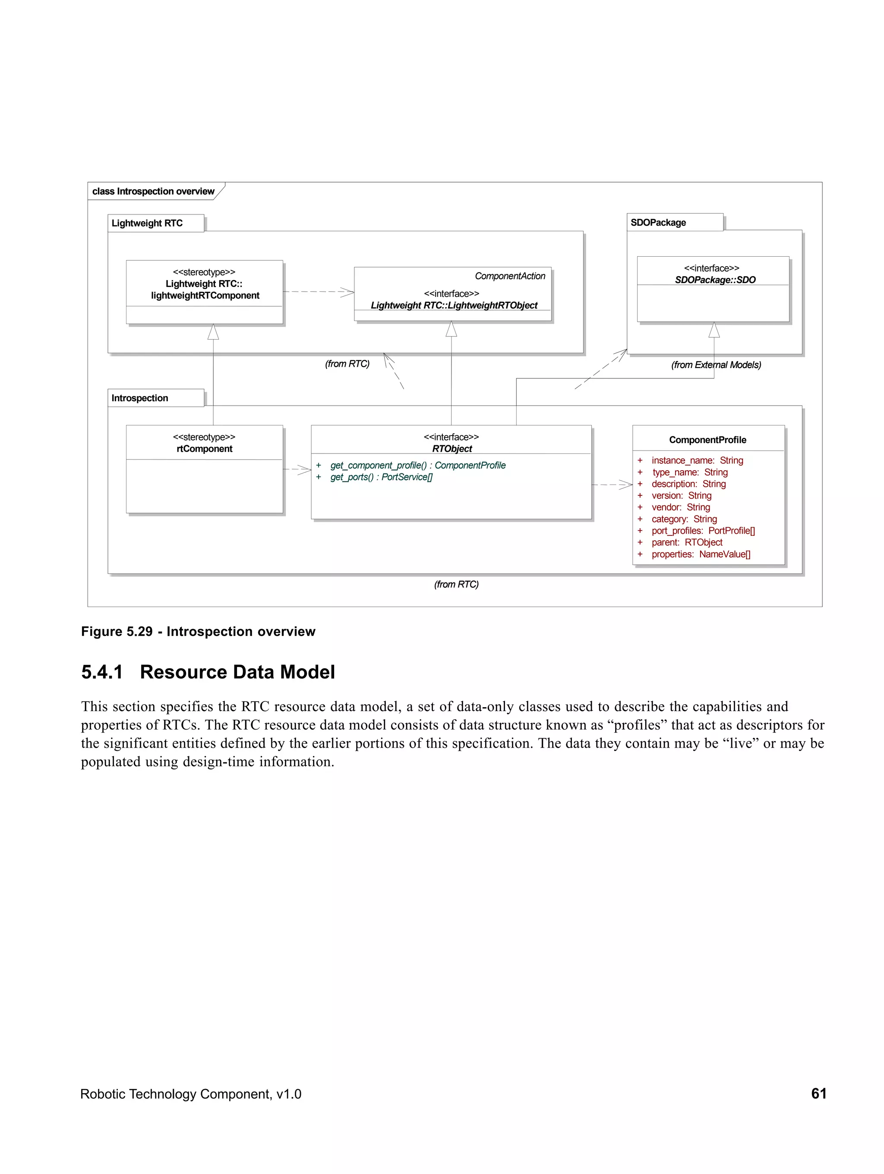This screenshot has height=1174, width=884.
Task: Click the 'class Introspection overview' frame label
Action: tap(153, 191)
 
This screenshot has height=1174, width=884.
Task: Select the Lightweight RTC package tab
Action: tap(147, 223)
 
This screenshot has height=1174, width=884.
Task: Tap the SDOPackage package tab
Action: tap(658, 222)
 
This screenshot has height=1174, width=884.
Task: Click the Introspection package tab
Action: tap(139, 398)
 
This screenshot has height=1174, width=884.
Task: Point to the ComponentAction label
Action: tap(510, 276)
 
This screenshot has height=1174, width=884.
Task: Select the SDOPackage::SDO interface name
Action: tap(715, 280)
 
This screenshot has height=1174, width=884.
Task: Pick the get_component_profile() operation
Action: tap(417, 466)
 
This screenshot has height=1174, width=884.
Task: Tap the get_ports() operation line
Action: tap(381, 477)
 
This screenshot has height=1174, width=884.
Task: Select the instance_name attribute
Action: tap(697, 461)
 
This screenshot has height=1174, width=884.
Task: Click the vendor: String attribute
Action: tap(680, 507)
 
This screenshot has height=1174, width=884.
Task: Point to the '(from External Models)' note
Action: tap(715, 365)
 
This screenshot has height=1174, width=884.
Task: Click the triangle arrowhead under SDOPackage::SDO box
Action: tap(714, 330)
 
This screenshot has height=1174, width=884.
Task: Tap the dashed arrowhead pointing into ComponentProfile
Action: tap(626, 485)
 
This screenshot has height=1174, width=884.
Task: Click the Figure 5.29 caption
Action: tap(198, 632)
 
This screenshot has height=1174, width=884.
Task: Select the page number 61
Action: tap(818, 1093)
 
